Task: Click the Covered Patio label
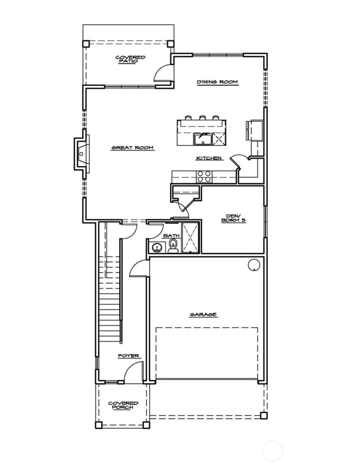click(130, 59)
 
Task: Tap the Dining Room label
click(216, 82)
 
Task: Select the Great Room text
click(132, 147)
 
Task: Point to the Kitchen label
click(208, 158)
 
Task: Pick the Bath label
click(171, 235)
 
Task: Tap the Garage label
click(203, 314)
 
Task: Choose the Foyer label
click(128, 356)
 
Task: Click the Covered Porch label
click(123, 405)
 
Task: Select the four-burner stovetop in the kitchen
click(204, 176)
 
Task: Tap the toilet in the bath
click(173, 246)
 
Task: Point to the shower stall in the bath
click(191, 238)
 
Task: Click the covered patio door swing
click(161, 73)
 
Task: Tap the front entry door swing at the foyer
click(132, 373)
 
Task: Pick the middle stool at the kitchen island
click(203, 118)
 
